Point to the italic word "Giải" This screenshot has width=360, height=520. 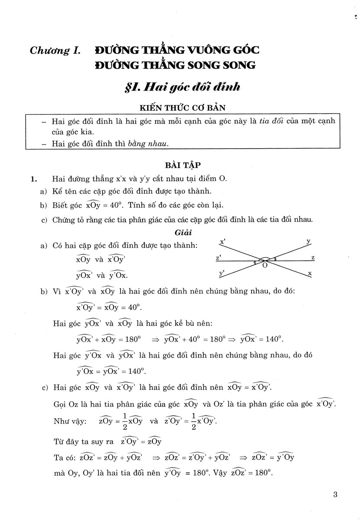180,232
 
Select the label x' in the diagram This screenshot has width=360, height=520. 222,241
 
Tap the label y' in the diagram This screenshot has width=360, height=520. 222,273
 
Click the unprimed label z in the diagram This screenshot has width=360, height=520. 313,258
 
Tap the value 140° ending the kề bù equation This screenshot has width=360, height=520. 274,338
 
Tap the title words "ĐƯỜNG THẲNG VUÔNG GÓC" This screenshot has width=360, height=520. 177,50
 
